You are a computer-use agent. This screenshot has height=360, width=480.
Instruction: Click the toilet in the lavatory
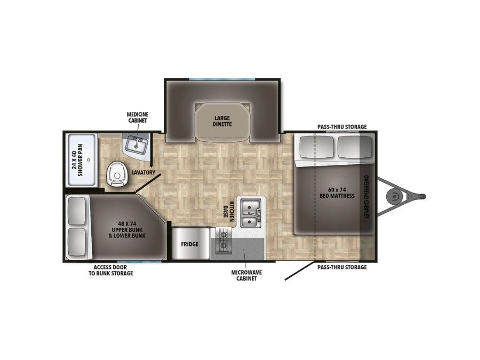[116, 174]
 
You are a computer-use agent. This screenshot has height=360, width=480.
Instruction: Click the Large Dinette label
[222, 121]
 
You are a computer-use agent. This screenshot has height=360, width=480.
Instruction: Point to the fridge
[190, 244]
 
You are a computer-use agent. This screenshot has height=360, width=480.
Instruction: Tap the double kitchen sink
[251, 213]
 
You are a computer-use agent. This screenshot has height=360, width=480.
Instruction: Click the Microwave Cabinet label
[246, 275]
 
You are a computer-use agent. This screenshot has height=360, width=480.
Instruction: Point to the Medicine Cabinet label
[138, 117]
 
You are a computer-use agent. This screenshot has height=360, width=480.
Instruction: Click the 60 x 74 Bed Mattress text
[337, 193]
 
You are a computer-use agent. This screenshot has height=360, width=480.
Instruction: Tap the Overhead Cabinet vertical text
[366, 196]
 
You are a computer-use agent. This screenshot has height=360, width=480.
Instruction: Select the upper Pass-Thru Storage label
[342, 127]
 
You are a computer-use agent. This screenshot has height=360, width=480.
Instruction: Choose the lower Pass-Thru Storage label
[342, 267]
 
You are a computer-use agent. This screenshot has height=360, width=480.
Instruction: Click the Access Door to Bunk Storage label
[110, 270]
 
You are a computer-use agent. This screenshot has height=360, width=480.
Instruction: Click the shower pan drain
[89, 160]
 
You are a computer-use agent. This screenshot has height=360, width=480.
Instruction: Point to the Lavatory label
[143, 172]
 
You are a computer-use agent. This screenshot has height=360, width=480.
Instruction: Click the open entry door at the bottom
[300, 270]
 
